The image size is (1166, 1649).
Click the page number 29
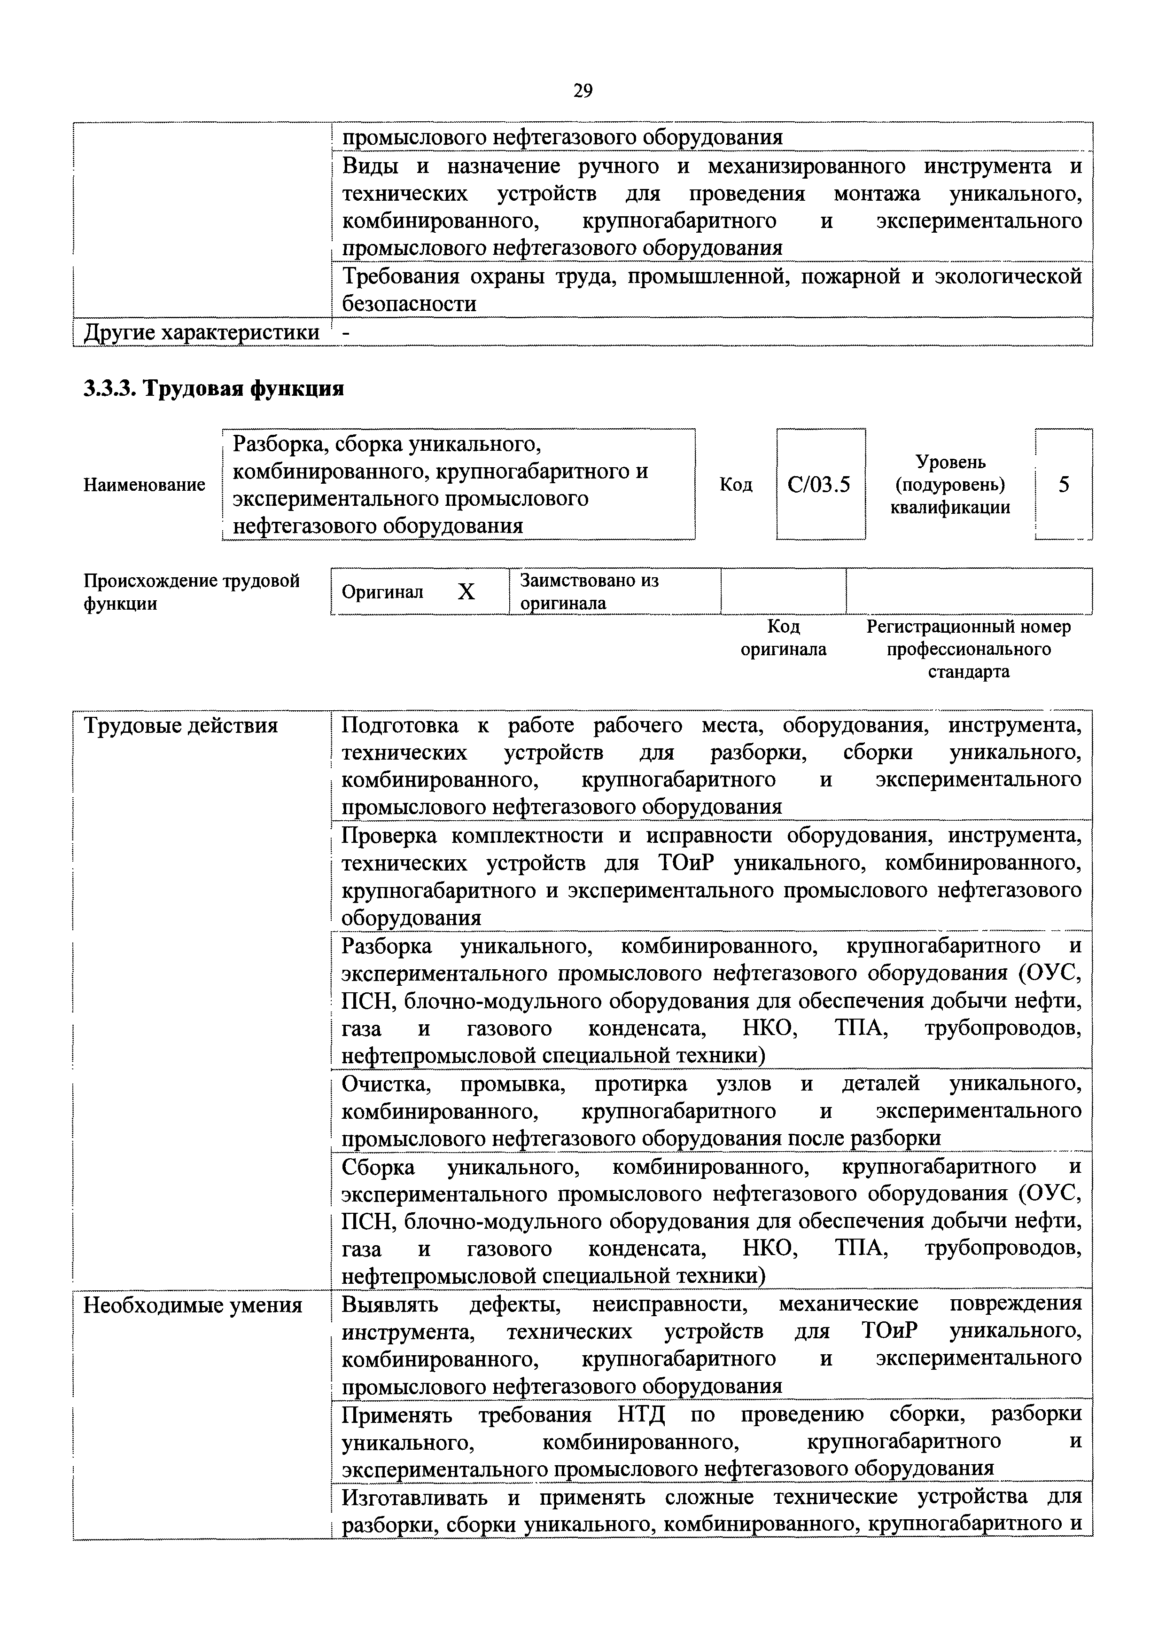point(582,91)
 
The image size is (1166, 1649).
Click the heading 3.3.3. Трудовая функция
point(214,389)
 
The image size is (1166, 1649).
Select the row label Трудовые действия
point(181,726)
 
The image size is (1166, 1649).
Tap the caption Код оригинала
point(783,638)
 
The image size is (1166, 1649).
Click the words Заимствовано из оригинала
point(589,591)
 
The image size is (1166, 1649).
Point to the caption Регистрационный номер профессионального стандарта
point(969,649)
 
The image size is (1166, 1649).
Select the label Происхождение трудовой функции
point(191,591)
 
